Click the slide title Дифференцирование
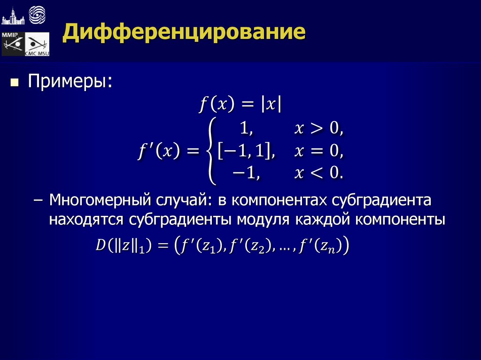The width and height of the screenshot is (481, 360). pos(185,33)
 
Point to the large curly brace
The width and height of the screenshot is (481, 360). pos(210,151)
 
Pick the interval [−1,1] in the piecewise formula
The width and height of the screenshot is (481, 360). pos(246,151)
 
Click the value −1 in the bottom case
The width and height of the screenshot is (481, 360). pos(246,174)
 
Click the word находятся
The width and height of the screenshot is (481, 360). pos(87,219)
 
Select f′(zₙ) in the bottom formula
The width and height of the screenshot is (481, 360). pos(324,245)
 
